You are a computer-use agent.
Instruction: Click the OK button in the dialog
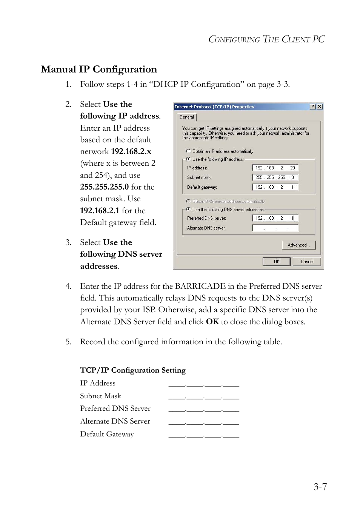pos(276,262)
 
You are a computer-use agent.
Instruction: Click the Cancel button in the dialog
pos(307,262)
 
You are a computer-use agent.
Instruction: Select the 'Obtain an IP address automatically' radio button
pos(188,151)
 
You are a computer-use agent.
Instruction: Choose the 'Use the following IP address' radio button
pos(188,159)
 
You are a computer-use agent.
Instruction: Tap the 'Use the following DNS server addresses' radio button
pos(188,209)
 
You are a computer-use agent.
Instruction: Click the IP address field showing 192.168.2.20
pos(275,168)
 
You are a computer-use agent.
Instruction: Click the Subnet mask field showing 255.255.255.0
pos(275,177)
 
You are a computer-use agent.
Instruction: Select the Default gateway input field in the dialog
pos(275,187)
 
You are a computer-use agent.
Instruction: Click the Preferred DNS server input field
pos(275,218)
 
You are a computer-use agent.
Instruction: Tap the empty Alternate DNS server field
pos(275,228)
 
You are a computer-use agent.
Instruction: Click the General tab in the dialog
pos(186,117)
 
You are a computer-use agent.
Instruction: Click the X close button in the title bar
pos(320,107)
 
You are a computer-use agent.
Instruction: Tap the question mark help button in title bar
pos(313,107)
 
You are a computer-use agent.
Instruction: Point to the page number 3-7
pos(320,487)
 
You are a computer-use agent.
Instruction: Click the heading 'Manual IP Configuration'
pos(99,69)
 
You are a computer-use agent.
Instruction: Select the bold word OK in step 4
pos(212,322)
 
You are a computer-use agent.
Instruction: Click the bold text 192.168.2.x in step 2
pos(131,151)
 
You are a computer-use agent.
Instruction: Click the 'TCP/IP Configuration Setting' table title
pos(133,370)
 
